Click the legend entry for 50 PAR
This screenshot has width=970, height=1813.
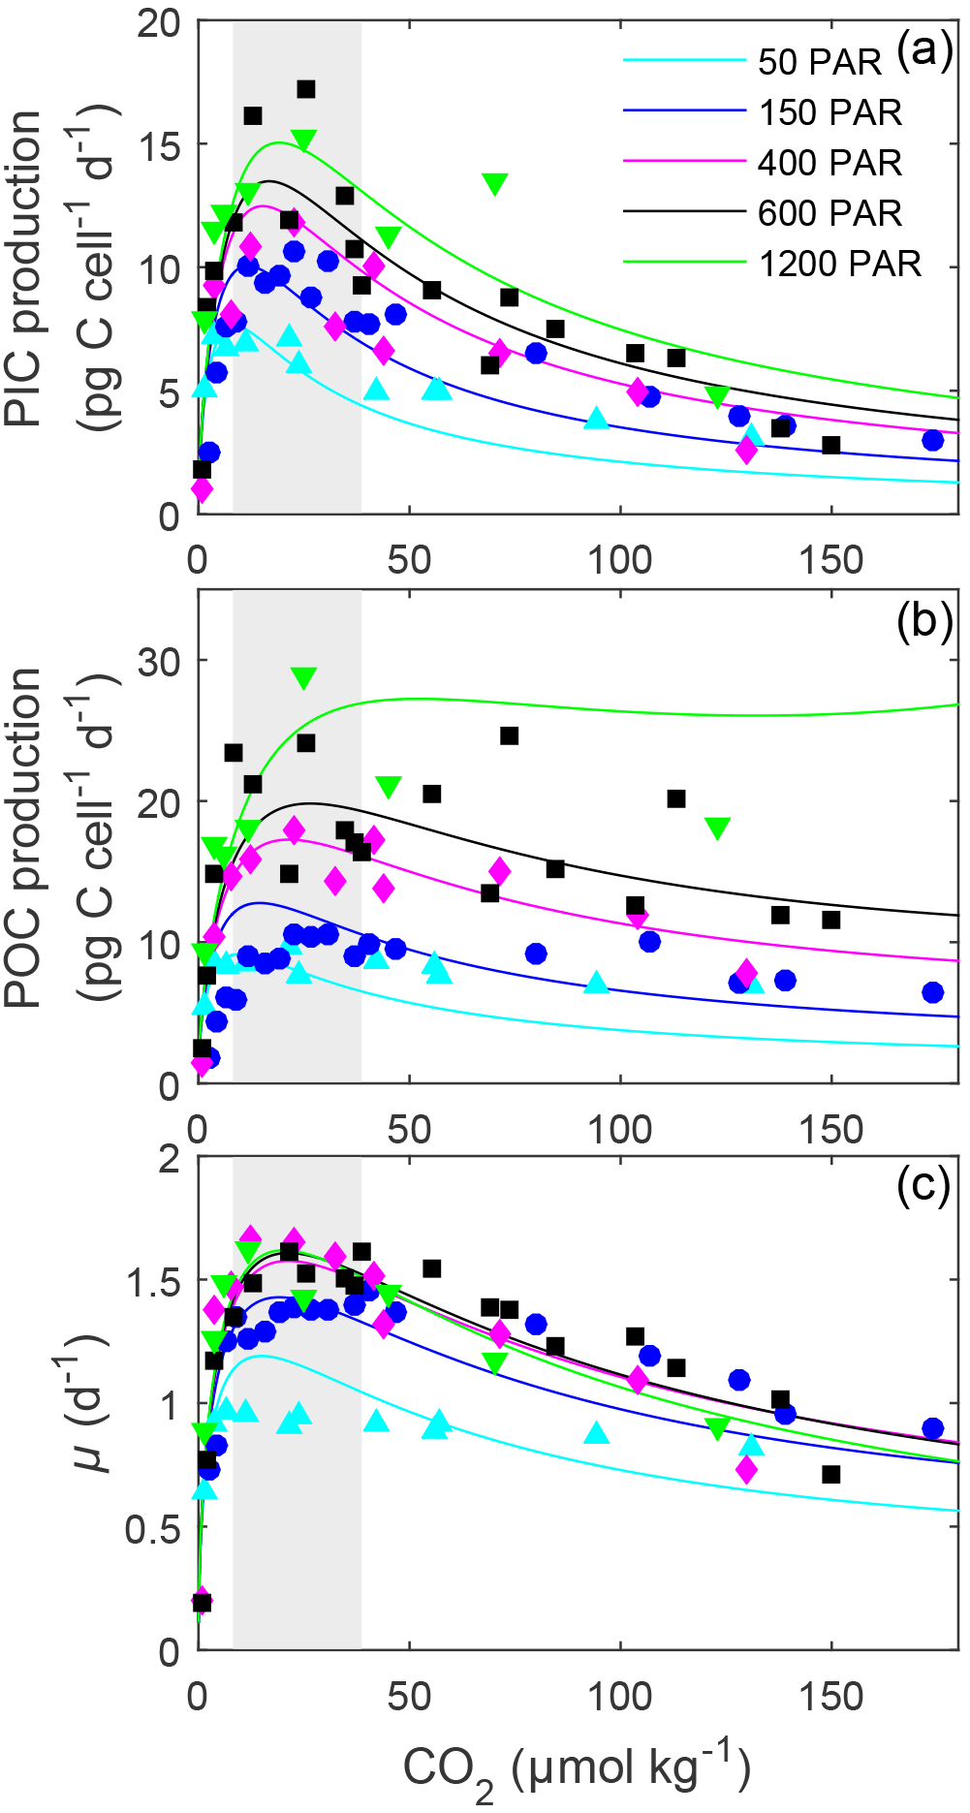coord(819,63)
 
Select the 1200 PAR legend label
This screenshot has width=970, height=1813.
coord(839,264)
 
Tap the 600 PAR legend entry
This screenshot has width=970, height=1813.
coord(829,213)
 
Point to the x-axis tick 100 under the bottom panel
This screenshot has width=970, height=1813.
coord(620,1698)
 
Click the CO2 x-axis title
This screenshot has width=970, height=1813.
coord(577,1769)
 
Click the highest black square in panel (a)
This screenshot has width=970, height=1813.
coord(306,89)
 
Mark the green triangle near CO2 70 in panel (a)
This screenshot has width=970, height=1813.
coord(495,183)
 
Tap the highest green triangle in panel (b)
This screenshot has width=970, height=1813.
coord(304,677)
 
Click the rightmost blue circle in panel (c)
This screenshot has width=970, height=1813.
coord(933,1428)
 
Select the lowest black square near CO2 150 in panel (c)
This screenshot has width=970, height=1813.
coord(831,1474)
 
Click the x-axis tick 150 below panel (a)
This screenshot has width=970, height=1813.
coord(831,561)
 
